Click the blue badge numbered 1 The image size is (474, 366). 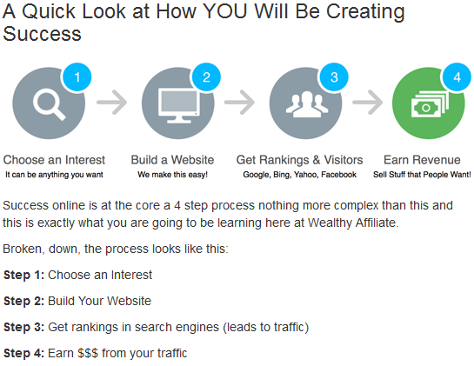(x=77, y=77)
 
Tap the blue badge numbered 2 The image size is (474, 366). (x=206, y=77)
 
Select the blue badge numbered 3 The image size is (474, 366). (x=334, y=77)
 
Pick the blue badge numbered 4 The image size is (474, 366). (x=457, y=77)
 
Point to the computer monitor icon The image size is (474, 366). (x=179, y=105)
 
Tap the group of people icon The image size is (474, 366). (x=307, y=104)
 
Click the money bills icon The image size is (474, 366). (x=430, y=104)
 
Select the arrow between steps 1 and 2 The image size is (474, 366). (x=112, y=103)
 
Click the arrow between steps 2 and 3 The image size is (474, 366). (x=239, y=103)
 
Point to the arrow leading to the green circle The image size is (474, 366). (x=368, y=103)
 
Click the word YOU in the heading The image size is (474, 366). (x=225, y=11)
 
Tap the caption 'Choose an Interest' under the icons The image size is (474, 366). (x=54, y=160)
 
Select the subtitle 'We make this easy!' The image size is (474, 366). (x=172, y=175)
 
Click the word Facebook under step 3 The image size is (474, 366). (x=339, y=175)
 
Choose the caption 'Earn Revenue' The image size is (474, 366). (x=422, y=160)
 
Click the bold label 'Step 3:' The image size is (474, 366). (x=23, y=327)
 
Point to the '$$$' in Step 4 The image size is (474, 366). (x=88, y=353)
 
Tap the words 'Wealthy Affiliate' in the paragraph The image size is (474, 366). (x=352, y=223)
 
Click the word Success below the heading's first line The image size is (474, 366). (x=42, y=34)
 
